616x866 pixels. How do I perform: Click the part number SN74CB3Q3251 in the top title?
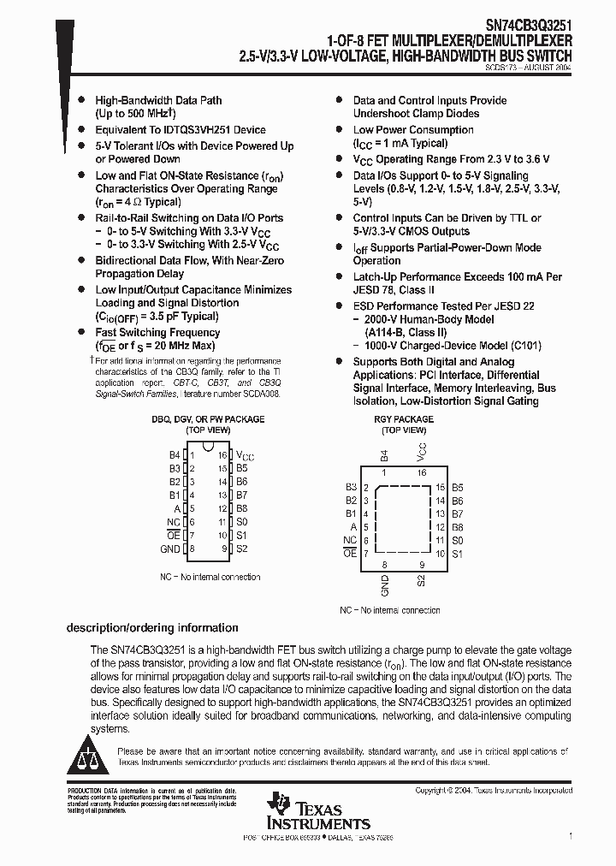tap(521, 27)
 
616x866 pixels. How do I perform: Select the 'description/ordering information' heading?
tap(152, 627)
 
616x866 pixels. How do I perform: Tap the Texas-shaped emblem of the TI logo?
tap(279, 804)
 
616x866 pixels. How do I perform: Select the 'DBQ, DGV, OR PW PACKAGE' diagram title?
tap(208, 419)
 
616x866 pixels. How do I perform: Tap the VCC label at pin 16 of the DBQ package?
tap(245, 456)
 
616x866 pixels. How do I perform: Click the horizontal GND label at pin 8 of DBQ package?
tap(170, 549)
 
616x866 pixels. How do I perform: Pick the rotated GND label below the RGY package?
tap(385, 586)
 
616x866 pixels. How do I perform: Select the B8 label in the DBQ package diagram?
tap(241, 508)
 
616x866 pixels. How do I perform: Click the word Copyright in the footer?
tap(431, 791)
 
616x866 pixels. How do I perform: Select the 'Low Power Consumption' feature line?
tap(413, 130)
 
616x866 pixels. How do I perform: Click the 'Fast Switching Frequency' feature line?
tap(157, 332)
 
